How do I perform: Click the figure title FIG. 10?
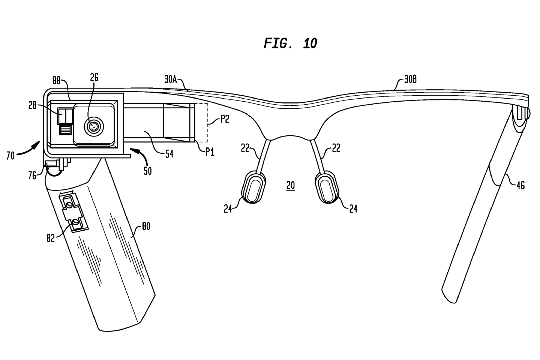290,43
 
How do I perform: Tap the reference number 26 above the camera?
94,77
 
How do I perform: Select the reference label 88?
57,81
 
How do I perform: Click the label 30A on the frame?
171,79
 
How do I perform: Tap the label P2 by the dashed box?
225,119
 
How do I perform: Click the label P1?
210,151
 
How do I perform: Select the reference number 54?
169,153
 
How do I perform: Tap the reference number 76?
32,175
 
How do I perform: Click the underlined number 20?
290,185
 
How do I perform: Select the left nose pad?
253,187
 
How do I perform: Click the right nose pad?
328,186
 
